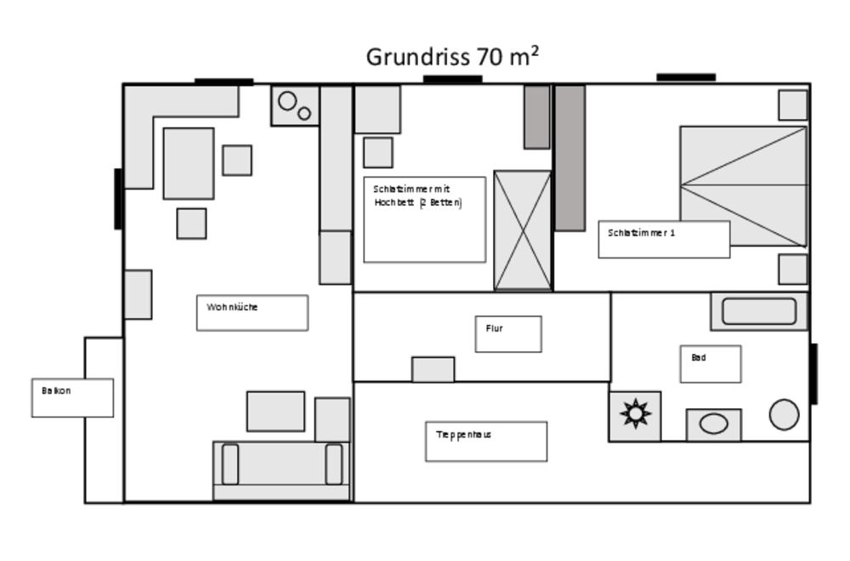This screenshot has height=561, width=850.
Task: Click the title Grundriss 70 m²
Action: pyautogui.click(x=453, y=57)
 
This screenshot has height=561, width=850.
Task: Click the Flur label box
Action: pyautogui.click(x=508, y=334)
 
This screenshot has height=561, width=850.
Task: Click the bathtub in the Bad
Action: pyautogui.click(x=759, y=312)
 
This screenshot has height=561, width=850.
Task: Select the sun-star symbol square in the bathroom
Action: pyautogui.click(x=635, y=416)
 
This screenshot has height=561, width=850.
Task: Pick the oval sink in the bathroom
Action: pyautogui.click(x=714, y=424)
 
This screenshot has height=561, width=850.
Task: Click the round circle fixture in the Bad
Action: pyautogui.click(x=784, y=415)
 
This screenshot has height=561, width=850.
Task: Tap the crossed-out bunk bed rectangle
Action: pyautogui.click(x=523, y=231)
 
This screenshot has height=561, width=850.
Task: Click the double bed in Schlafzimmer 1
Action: pyautogui.click(x=744, y=186)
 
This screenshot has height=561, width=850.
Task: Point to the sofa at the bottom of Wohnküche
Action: pyautogui.click(x=281, y=471)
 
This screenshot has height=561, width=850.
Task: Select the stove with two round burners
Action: pyautogui.click(x=295, y=105)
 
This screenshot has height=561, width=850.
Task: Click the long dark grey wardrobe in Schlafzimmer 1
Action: pyautogui.click(x=569, y=158)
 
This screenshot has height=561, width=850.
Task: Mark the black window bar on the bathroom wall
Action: pyautogui.click(x=813, y=373)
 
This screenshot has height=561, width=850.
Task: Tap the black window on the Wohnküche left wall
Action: pyautogui.click(x=118, y=199)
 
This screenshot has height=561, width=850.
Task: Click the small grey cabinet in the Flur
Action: pyautogui.click(x=433, y=369)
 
